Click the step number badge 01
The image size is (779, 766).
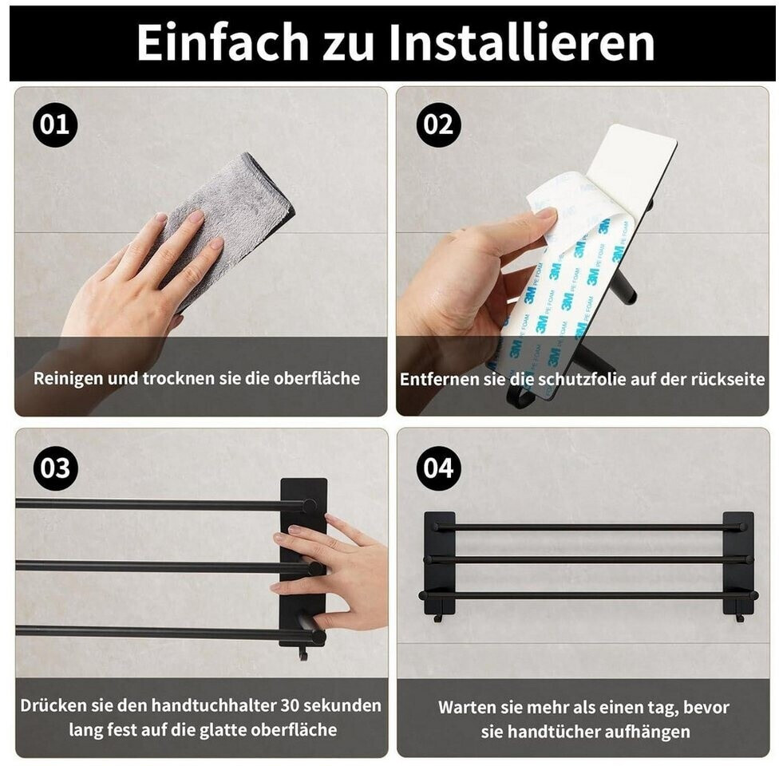coord(55,124)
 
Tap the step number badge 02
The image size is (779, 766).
coord(438,124)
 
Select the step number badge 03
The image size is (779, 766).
coord(56,468)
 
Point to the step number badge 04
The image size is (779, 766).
coord(438,468)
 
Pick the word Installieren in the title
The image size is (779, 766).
coord(521,43)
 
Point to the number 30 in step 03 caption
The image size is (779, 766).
coord(290,705)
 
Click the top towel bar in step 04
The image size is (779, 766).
coord(589,527)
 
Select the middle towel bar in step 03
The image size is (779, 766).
coord(170,567)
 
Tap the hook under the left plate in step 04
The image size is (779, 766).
coord(438,618)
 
